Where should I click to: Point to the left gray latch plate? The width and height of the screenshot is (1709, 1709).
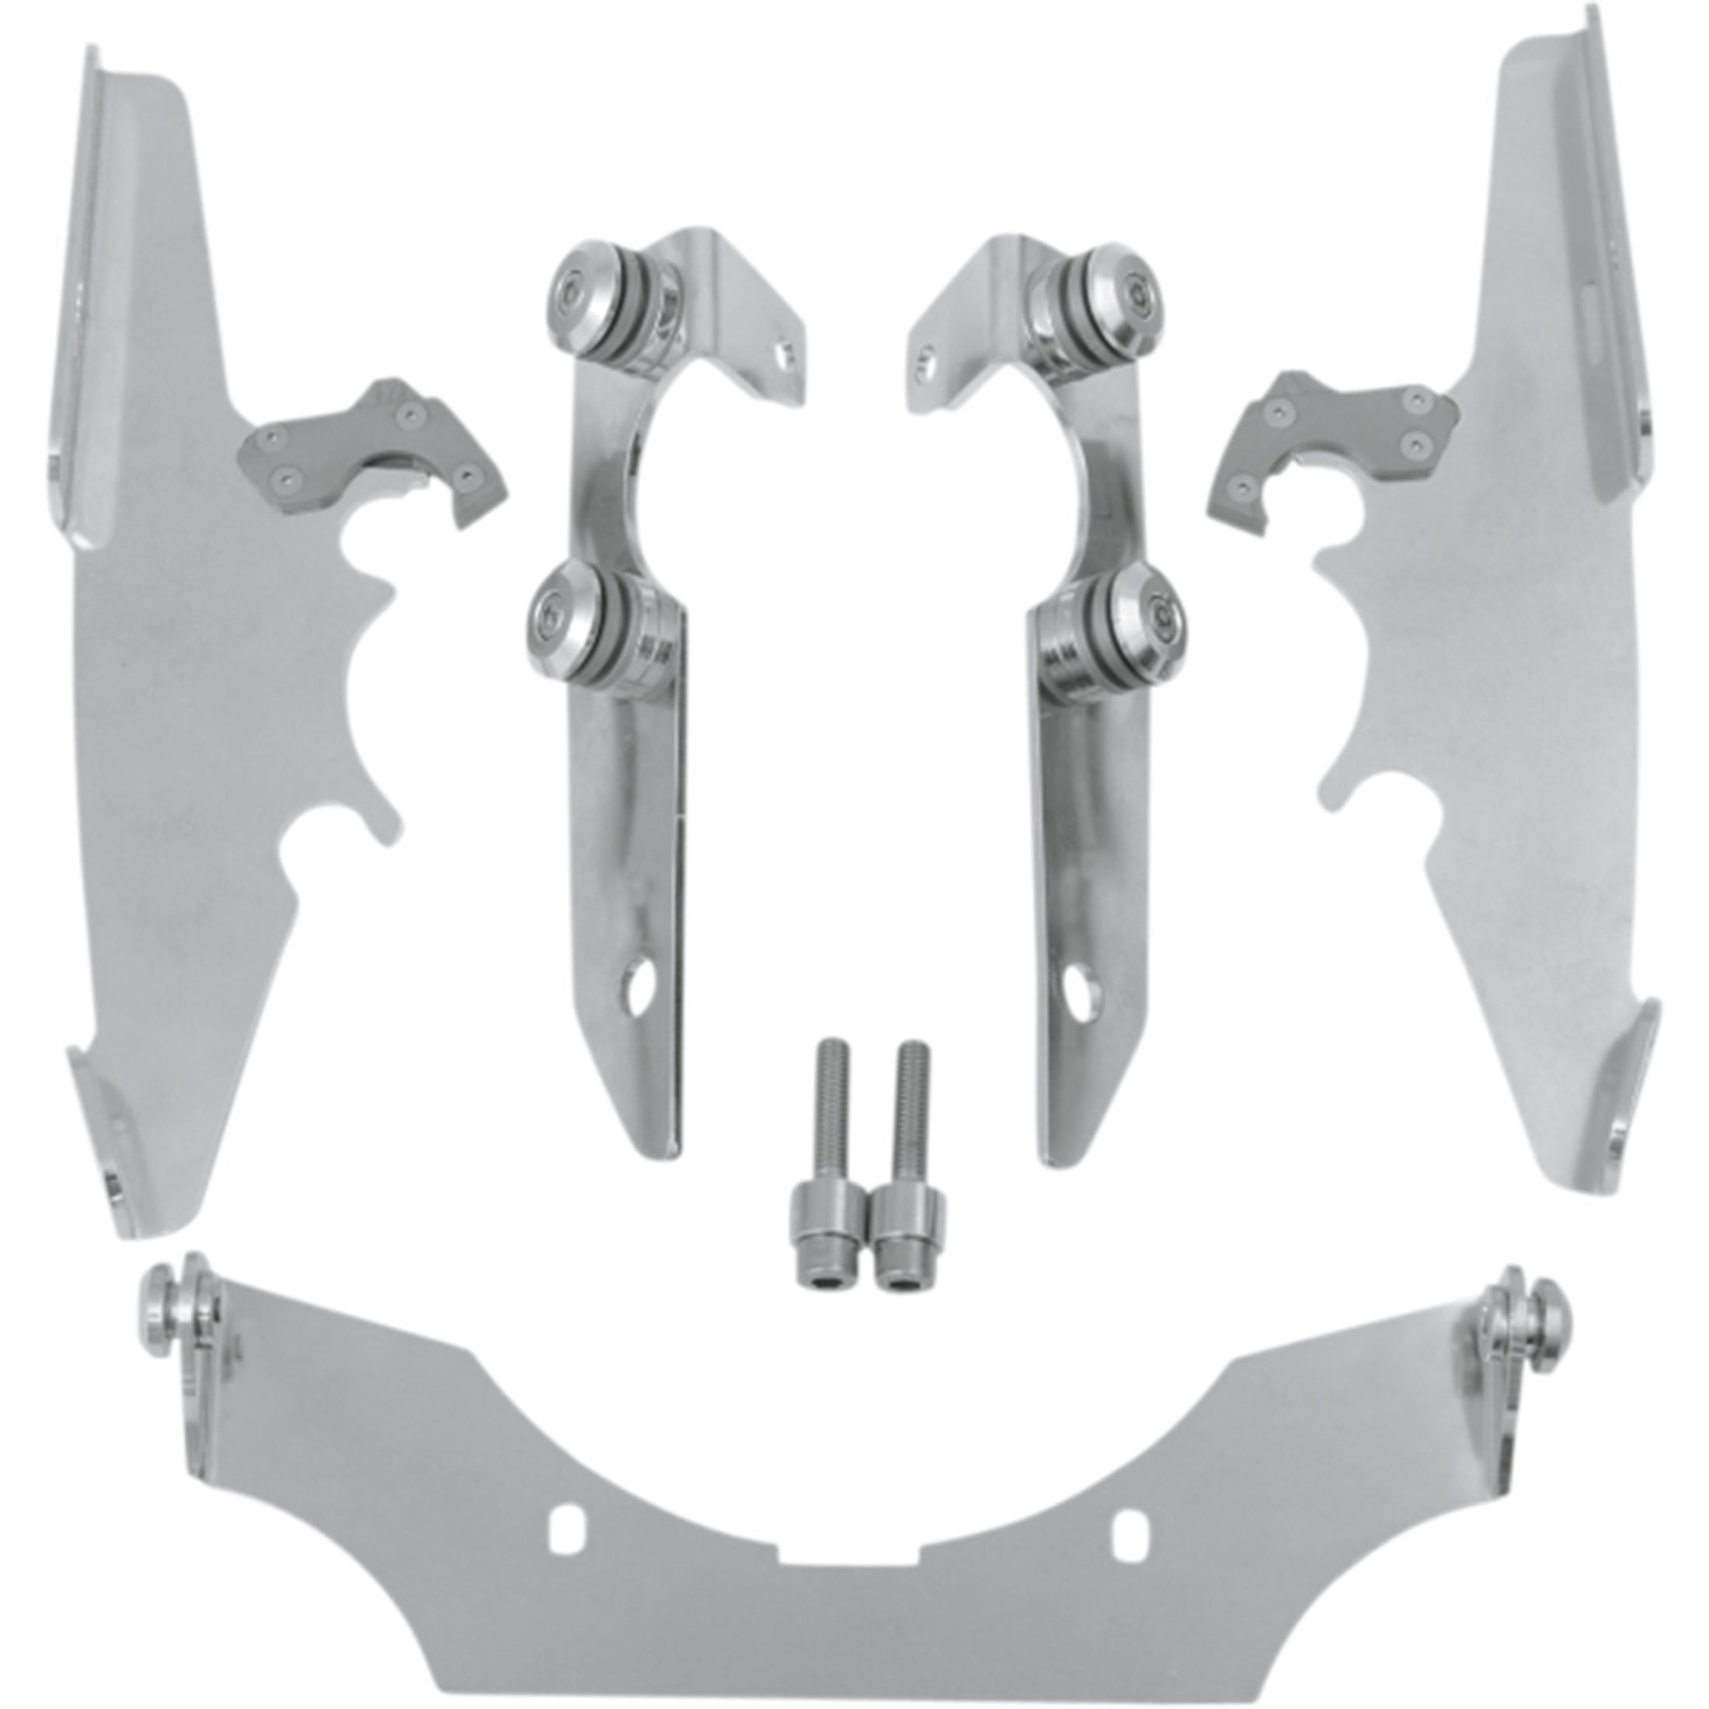[371, 451]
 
